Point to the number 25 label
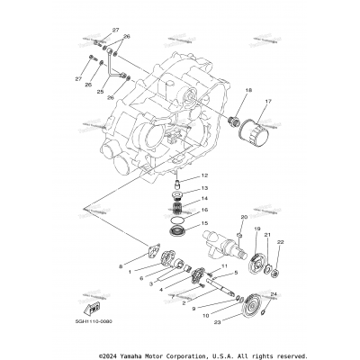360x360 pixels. pos(101,91)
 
